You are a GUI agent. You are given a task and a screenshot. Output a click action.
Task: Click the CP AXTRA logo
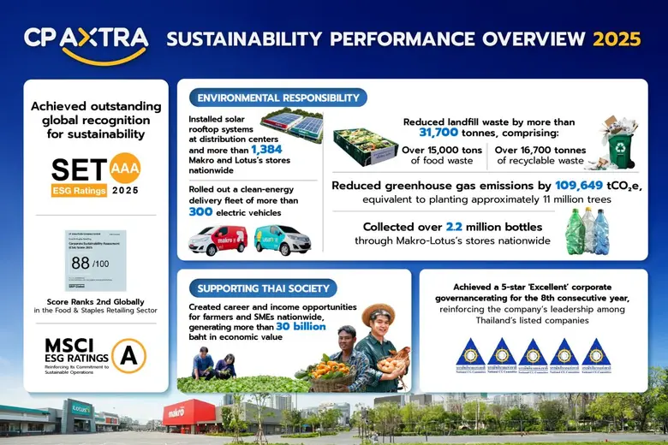pos(86,41)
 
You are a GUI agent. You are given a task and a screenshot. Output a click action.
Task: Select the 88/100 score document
pos(95,260)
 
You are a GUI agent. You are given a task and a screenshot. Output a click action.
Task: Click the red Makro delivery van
pos(217,240)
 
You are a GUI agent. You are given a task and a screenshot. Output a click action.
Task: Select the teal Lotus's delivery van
pos(283,240)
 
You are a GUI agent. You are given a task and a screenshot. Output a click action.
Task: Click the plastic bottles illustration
pos(588,231)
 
